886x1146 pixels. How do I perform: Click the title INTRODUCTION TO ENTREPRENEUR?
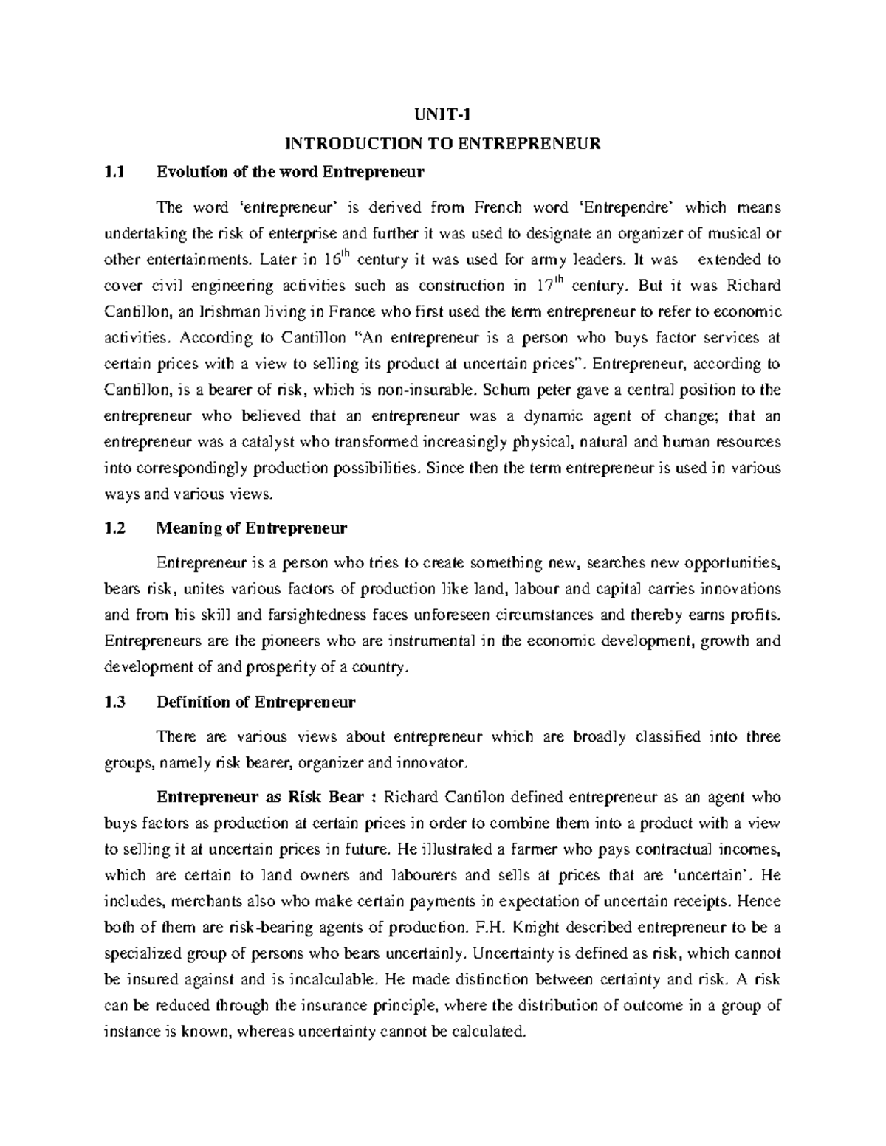pos(444,144)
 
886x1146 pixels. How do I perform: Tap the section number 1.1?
pos(114,173)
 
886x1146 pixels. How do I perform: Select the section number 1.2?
pos(114,528)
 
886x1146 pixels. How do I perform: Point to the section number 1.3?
pos(114,702)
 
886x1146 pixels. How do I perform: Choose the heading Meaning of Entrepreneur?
pos(252,528)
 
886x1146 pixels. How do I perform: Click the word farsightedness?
pos(319,615)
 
